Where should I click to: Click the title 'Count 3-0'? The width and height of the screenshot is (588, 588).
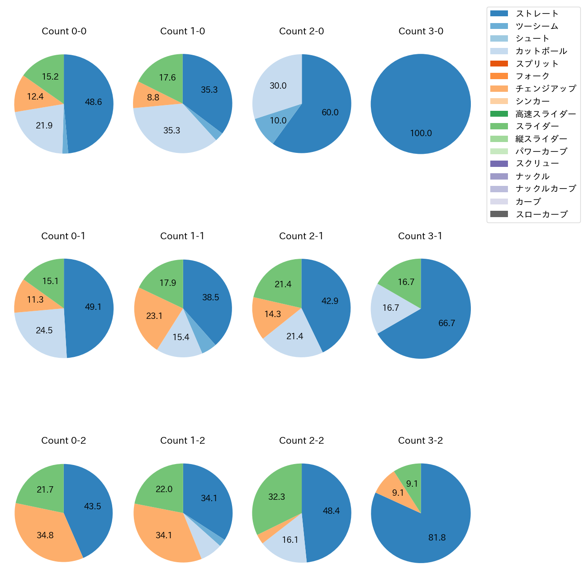pyautogui.click(x=421, y=31)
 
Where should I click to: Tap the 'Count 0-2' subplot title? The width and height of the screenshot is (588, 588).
pyautogui.click(x=64, y=441)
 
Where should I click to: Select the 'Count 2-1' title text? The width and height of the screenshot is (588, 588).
pyautogui.click(x=301, y=236)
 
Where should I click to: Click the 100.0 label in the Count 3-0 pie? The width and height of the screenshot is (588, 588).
pyautogui.click(x=421, y=133)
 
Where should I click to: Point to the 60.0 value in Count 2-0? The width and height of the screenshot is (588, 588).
pyautogui.click(x=330, y=112)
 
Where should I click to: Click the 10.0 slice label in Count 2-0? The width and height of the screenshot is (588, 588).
pyautogui.click(x=278, y=120)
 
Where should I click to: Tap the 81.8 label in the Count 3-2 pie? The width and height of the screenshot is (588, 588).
pyautogui.click(x=437, y=537)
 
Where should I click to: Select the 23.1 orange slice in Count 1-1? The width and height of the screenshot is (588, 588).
pyautogui.click(x=154, y=316)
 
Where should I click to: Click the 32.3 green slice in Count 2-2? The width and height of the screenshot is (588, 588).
pyautogui.click(x=276, y=497)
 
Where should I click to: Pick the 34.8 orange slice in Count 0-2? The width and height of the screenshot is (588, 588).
pyautogui.click(x=45, y=535)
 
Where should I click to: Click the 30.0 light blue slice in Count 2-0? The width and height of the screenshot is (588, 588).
pyautogui.click(x=278, y=85)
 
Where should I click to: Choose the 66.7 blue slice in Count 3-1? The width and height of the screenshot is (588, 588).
pyautogui.click(x=446, y=323)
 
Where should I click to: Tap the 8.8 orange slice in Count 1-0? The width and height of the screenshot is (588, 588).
pyautogui.click(x=153, y=97)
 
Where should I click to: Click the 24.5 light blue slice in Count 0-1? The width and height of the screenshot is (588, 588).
pyautogui.click(x=44, y=330)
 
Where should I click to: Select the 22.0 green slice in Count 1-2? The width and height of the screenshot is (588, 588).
pyautogui.click(x=164, y=489)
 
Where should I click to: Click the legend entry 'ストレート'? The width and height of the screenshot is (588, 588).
pyautogui.click(x=537, y=14)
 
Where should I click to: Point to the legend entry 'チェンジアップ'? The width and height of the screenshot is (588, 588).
pyautogui.click(x=545, y=89)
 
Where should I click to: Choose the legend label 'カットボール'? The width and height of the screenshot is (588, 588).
pyautogui.click(x=541, y=51)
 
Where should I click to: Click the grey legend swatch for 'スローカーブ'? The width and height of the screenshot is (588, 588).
pyautogui.click(x=499, y=214)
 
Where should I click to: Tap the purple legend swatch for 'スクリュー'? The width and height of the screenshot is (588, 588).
pyautogui.click(x=499, y=164)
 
